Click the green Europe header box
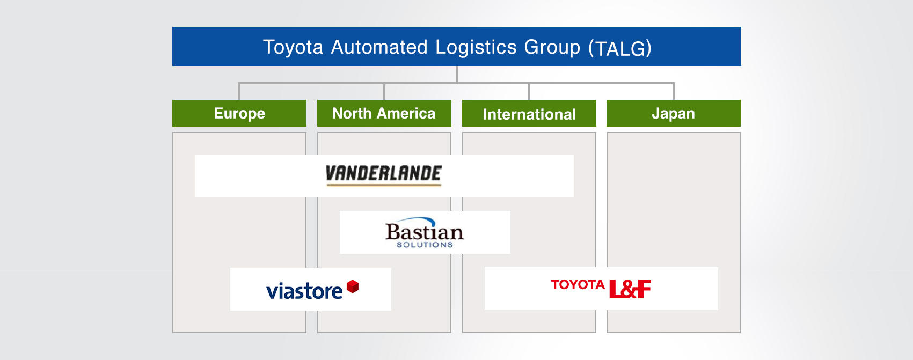click(239, 113)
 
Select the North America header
click(384, 113)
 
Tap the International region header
click(529, 113)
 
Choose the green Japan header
click(673, 113)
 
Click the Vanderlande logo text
click(384, 173)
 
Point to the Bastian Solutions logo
click(425, 232)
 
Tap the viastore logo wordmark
click(304, 291)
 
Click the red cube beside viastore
click(353, 286)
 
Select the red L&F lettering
click(630, 289)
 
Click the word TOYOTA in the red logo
click(578, 284)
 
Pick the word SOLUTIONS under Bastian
click(425, 245)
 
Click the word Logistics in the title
click(476, 47)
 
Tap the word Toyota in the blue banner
click(293, 47)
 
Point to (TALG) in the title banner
click(620, 48)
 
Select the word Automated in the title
click(379, 47)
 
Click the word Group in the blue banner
click(552, 48)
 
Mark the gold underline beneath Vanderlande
click(384, 185)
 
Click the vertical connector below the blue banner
click(456, 75)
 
